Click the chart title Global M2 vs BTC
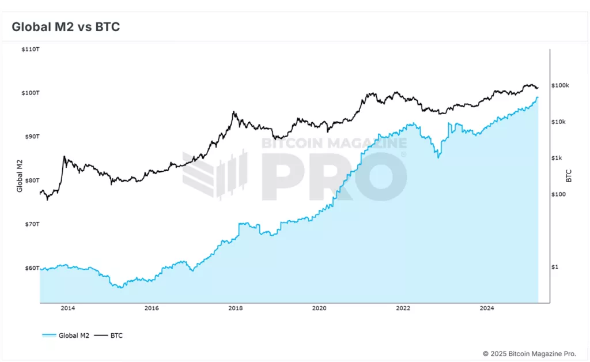(66, 27)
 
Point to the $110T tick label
(30, 50)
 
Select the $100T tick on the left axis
(30, 93)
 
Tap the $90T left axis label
(31, 137)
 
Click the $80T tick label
(31, 180)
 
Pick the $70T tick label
(31, 224)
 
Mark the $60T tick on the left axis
(31, 268)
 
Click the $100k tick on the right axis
(560, 86)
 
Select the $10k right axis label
(559, 122)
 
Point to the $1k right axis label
(557, 158)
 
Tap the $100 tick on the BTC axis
(558, 194)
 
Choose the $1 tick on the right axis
(555, 267)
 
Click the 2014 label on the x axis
(67, 308)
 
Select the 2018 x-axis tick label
(235, 308)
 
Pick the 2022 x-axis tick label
(403, 308)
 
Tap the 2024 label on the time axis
(487, 308)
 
